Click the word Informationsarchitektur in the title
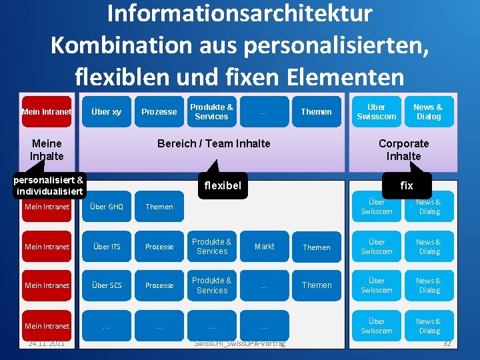pos(239,14)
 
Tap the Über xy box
pos(106,112)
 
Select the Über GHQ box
pos(106,207)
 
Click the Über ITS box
pos(106,247)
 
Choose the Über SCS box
pos(106,285)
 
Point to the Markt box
pos(264,247)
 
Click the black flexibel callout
pos(223,185)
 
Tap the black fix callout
pos(406,185)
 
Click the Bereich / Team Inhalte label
pos(213,143)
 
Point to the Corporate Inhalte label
pos(403,149)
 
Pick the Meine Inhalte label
pos(47,149)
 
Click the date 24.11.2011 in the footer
pos(47,343)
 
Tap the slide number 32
pos(447,343)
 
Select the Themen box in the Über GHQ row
pos(159,207)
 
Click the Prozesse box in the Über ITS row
pos(159,247)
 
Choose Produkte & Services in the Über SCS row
pos(212,285)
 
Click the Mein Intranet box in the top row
pos(47,112)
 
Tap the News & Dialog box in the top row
pos(428,112)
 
